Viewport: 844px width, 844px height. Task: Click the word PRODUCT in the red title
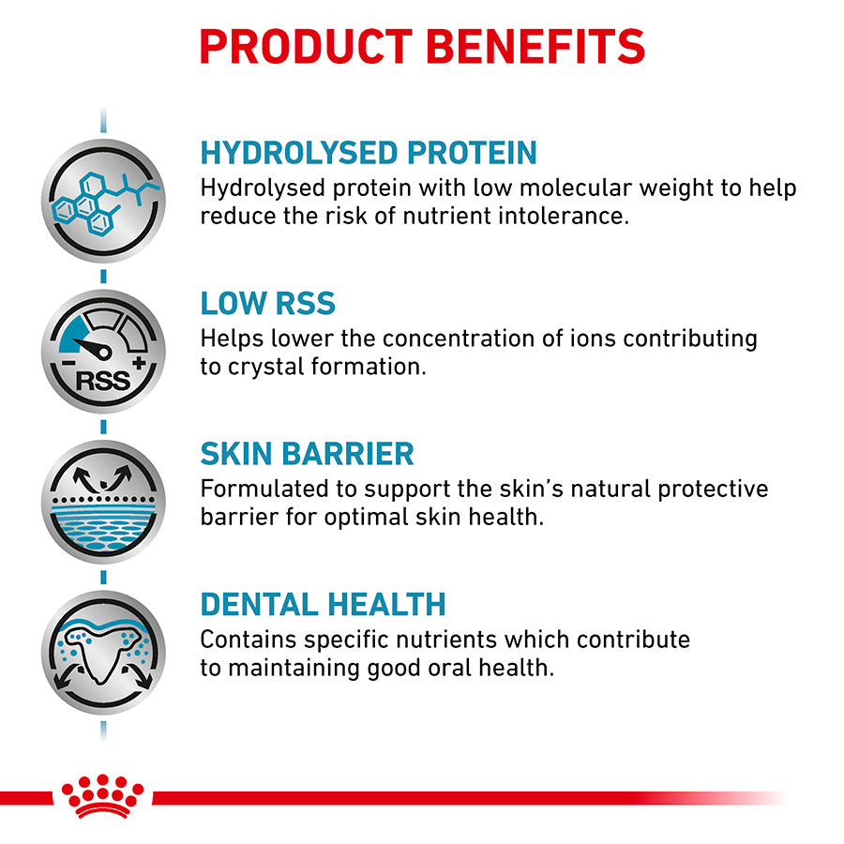click(x=306, y=47)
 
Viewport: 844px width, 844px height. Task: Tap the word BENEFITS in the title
click(x=536, y=47)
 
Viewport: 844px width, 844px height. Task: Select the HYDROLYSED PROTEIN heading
click(x=369, y=152)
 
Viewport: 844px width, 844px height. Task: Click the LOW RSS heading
click(x=267, y=303)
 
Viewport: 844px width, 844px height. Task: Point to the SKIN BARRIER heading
click(x=307, y=454)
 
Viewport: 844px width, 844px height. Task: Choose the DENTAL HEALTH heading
click(x=323, y=605)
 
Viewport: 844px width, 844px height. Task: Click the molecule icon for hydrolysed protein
click(x=103, y=201)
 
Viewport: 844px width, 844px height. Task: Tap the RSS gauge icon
click(x=103, y=352)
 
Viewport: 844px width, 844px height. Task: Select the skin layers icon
click(x=103, y=503)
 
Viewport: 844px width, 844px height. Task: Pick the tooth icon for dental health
click(x=103, y=653)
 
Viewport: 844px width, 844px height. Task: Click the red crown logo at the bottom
click(x=103, y=796)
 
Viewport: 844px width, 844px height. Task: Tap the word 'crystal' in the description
click(x=266, y=368)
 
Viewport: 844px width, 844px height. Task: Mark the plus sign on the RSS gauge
click(x=139, y=362)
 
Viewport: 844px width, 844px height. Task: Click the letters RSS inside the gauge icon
click(x=103, y=381)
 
